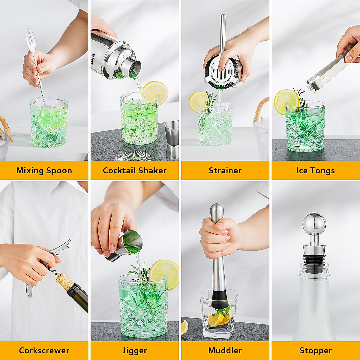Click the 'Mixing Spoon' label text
(44, 170)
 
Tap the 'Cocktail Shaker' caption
(134, 170)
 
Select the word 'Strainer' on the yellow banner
(225, 170)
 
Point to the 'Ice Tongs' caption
(315, 170)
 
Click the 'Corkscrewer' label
(44, 350)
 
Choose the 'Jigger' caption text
(134, 350)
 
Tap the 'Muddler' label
(225, 350)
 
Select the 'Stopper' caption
(315, 350)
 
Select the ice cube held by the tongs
(313, 84)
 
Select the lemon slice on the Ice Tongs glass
(285, 101)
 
